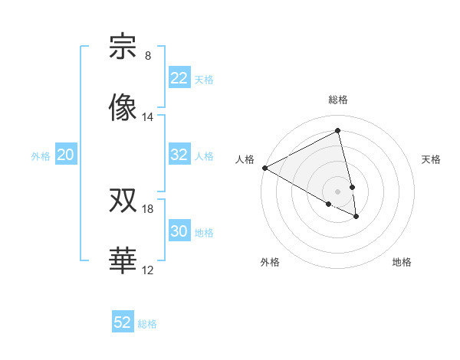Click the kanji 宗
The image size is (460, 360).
[123, 47]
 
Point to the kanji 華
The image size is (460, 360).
[123, 261]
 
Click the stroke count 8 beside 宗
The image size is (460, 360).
[148, 56]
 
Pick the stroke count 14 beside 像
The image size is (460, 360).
[148, 117]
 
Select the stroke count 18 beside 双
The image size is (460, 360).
[148, 209]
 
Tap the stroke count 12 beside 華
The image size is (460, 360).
[148, 270]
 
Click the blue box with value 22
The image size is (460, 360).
[179, 78]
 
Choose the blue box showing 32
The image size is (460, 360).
[179, 155]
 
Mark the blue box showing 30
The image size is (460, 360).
[179, 231]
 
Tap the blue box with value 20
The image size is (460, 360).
[65, 155]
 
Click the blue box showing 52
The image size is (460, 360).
[123, 322]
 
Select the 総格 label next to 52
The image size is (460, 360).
[147, 324]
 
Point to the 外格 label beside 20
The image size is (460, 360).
[41, 156]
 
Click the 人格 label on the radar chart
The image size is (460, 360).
[245, 159]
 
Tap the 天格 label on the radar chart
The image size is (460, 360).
[431, 159]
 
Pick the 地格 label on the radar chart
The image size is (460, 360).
[402, 262]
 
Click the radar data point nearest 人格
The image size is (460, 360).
[264, 168]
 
